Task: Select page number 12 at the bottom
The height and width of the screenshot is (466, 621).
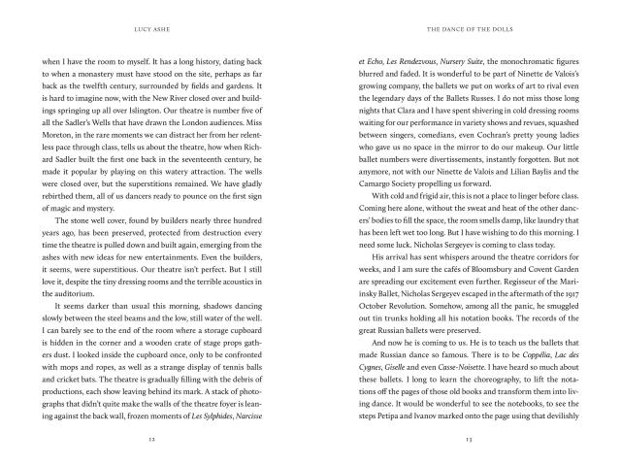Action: pyautogui.click(x=162, y=438)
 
